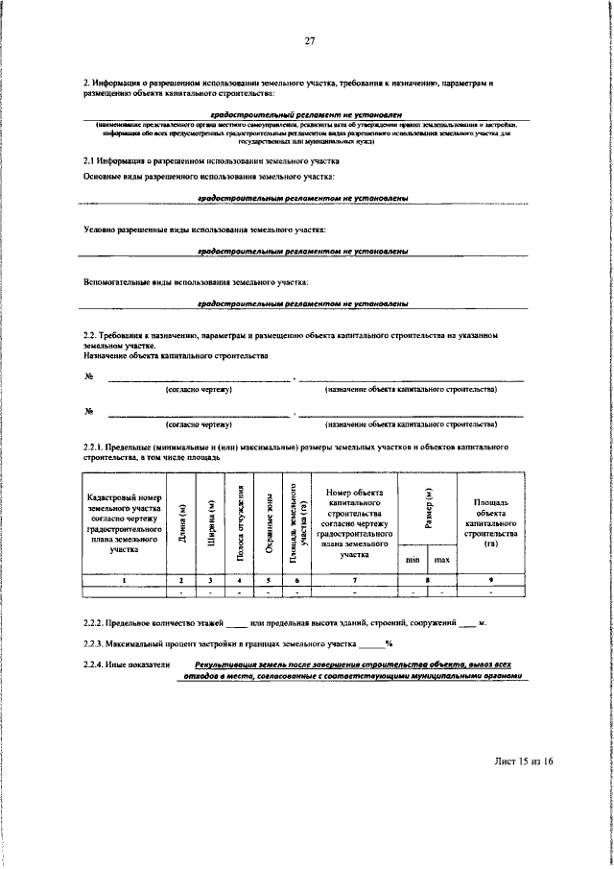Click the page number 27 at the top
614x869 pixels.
pyautogui.click(x=310, y=39)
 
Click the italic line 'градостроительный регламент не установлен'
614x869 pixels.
pyautogui.click(x=304, y=114)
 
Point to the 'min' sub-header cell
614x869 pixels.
pyautogui.click(x=413, y=559)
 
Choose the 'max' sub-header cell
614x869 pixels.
pyautogui.click(x=442, y=559)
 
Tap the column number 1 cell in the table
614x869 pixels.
pyautogui.click(x=124, y=580)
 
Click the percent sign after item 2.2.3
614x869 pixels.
pyautogui.click(x=389, y=643)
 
